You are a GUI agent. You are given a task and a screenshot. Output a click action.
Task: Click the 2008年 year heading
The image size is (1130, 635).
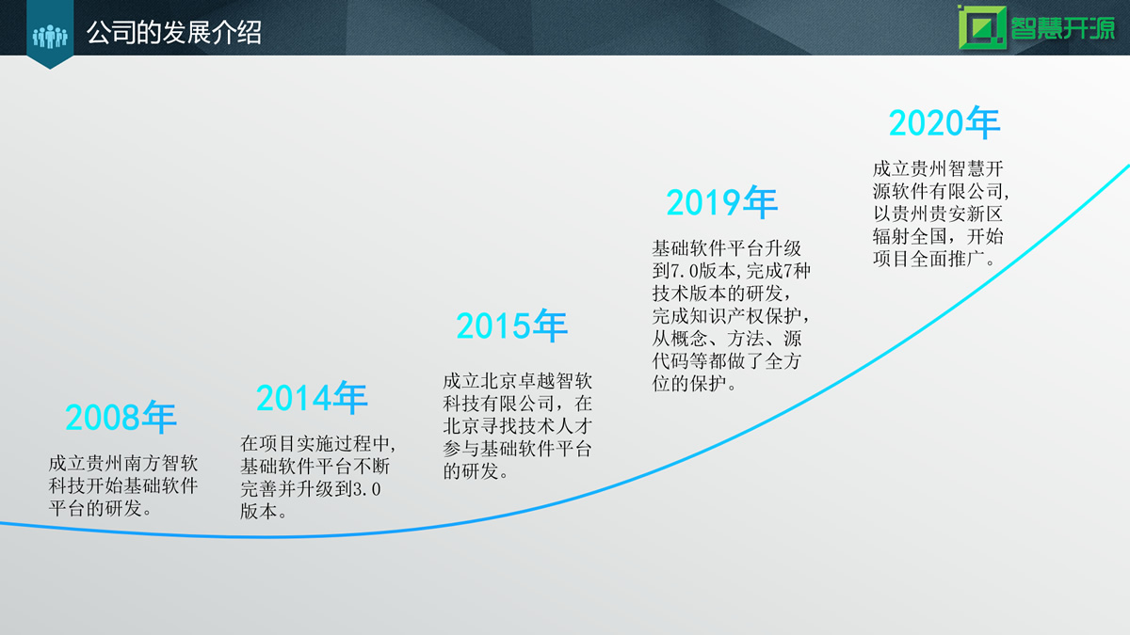coord(121,418)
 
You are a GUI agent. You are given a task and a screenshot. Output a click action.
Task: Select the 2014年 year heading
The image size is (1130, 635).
coord(312,398)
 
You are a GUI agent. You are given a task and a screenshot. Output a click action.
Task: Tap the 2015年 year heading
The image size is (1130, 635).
coord(512,325)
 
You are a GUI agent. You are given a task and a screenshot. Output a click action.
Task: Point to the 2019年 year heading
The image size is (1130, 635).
coord(722,202)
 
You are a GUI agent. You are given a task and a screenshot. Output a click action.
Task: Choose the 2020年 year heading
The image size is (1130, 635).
coord(944,122)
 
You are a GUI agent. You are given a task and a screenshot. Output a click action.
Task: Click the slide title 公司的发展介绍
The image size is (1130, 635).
coord(173,33)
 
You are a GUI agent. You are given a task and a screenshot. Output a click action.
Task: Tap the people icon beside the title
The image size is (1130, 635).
coord(50,37)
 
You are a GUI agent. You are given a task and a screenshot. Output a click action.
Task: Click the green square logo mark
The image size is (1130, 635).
coord(982,27)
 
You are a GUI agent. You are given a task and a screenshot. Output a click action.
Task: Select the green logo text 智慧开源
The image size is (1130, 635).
coord(1062,27)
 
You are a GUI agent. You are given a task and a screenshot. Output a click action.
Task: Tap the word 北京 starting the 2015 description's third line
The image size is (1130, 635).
coord(461,426)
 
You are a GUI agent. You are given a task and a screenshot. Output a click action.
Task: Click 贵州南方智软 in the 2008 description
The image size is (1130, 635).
coord(142,464)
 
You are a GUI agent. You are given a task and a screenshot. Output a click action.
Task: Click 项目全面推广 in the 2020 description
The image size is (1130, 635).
coord(929,259)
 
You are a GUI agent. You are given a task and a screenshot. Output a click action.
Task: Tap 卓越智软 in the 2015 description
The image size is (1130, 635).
coord(555,381)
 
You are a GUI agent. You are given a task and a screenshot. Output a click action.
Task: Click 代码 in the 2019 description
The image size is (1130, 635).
coord(670,361)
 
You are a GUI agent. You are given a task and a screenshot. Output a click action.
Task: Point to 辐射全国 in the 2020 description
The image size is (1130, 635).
coord(910,236)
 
